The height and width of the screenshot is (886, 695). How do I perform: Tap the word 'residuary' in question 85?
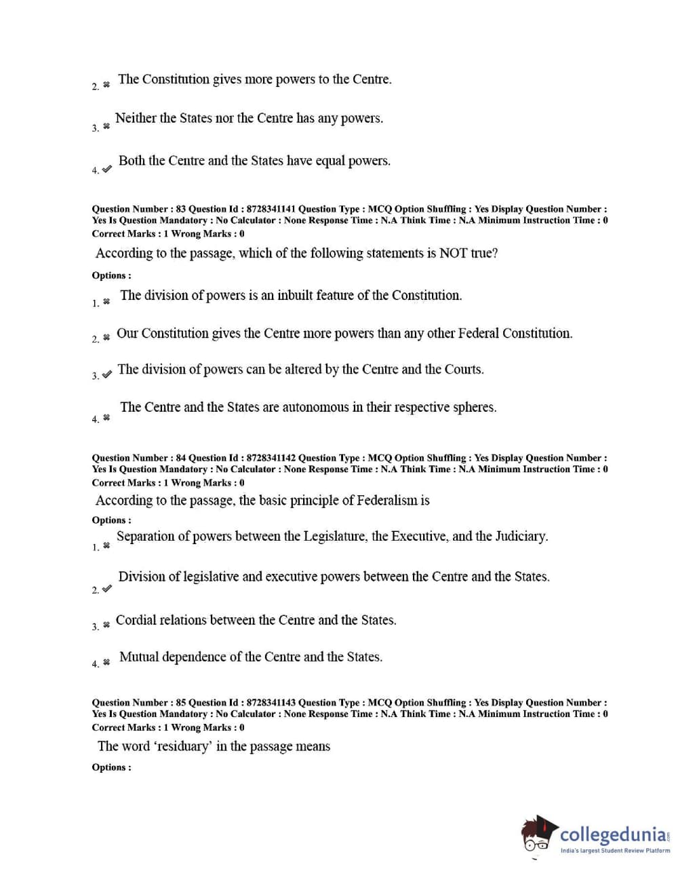pos(182,746)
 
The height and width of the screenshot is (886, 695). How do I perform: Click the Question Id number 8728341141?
pos(271,209)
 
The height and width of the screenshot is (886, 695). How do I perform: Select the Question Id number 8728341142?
pos(271,458)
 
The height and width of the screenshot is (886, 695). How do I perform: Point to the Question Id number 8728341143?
pos(271,703)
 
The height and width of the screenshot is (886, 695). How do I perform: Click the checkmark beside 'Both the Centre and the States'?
pos(106,169)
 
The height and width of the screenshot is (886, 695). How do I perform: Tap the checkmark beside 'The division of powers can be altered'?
pos(106,374)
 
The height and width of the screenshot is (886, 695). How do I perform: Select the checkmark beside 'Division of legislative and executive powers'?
pos(106,589)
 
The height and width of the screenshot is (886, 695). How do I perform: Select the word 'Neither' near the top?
pos(136,118)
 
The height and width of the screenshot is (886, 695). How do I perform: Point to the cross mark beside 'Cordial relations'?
pos(106,625)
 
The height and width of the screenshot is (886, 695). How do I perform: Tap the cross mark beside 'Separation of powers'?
pos(106,545)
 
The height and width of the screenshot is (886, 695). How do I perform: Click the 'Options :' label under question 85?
pos(112,767)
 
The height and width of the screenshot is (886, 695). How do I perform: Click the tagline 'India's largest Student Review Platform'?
pos(615,850)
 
